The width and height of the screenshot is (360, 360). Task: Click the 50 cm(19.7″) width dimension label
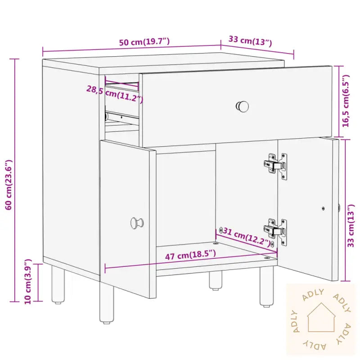tap(144, 42)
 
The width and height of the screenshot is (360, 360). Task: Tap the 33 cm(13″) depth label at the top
tap(250, 41)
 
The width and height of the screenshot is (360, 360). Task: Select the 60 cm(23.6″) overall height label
tap(9, 184)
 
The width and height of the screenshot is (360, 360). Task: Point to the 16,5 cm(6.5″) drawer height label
tap(346, 100)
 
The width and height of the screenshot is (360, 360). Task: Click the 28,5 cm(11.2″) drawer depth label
tap(115, 94)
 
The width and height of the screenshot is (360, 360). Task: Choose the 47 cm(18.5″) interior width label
tap(190, 255)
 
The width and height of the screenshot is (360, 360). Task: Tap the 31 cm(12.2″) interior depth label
tap(247, 237)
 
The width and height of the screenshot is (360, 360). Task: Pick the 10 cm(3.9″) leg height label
tap(28, 282)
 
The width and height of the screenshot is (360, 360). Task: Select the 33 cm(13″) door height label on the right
tap(351, 226)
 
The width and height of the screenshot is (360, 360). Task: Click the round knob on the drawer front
tap(243, 107)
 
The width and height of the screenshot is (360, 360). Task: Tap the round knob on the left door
tap(137, 223)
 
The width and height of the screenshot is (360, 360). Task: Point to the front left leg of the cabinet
tap(107, 302)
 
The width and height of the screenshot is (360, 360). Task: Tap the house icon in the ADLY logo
tap(321, 318)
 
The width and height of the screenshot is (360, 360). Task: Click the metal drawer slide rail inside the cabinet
tap(122, 117)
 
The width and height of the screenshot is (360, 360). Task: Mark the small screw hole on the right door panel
tap(323, 208)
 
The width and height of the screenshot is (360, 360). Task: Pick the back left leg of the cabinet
tap(58, 284)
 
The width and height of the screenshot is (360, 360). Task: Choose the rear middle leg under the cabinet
tap(216, 280)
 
